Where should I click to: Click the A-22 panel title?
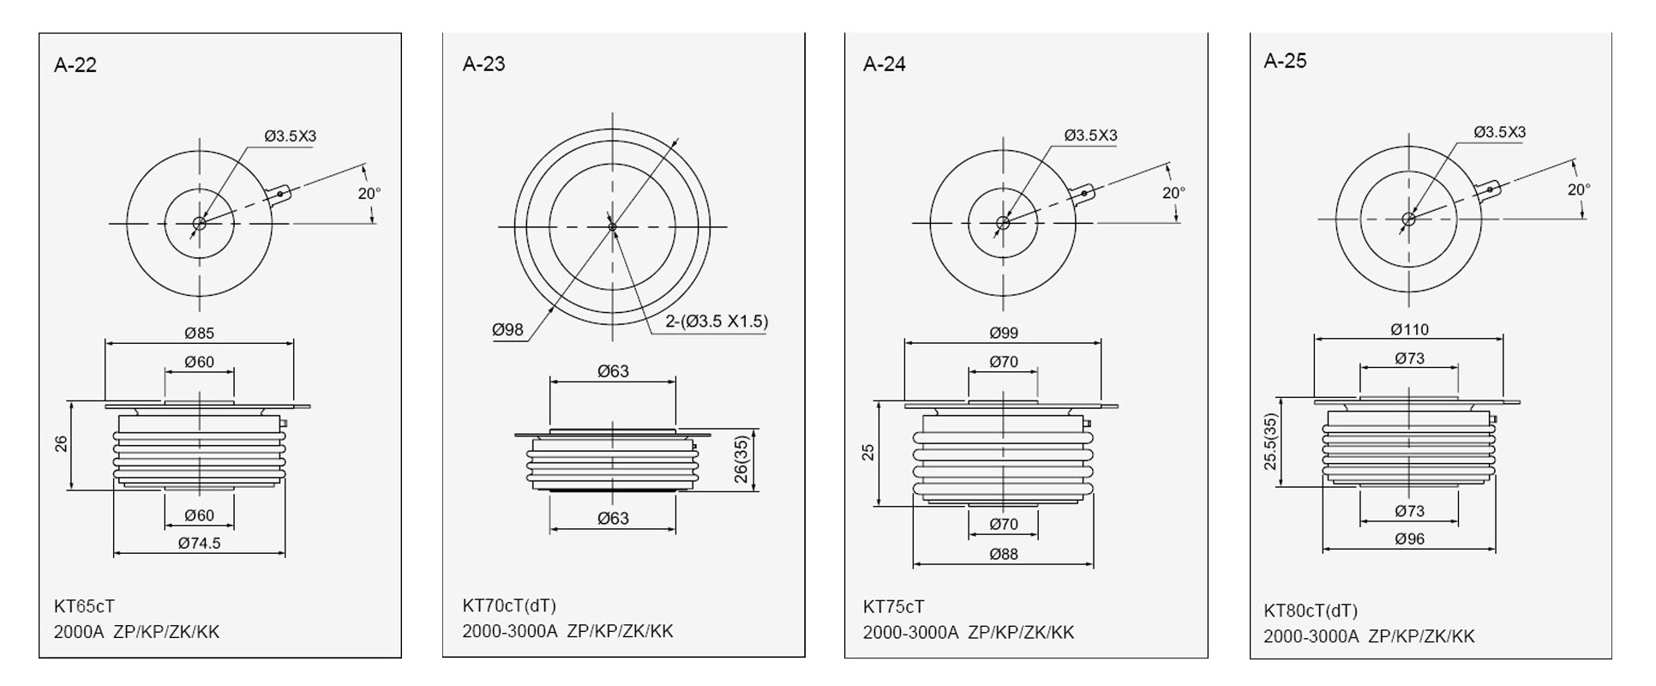tap(75, 65)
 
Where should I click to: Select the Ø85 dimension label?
tap(199, 333)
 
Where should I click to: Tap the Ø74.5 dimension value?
tap(199, 543)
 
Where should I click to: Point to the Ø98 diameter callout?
tap(507, 330)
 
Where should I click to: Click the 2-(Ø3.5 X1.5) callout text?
tap(717, 322)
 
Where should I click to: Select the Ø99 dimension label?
tap(1004, 333)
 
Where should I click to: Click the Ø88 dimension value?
tap(1004, 554)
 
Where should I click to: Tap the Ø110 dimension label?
tap(1409, 329)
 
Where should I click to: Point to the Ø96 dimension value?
tap(1409, 539)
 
